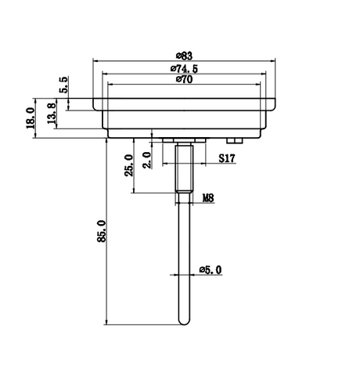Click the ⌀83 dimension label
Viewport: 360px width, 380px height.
point(184,56)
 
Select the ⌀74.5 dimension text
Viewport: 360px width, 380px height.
point(184,69)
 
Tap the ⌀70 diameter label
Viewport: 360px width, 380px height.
point(184,79)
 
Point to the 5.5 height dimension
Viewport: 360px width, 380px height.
point(64,85)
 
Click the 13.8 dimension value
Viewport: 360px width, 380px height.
point(51,114)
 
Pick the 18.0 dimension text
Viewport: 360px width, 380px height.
point(31,118)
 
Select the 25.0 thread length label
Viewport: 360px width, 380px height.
point(129,165)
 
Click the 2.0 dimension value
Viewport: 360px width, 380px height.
point(147,160)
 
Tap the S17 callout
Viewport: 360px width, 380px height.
point(227,158)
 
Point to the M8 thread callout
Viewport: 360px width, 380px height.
point(208,198)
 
